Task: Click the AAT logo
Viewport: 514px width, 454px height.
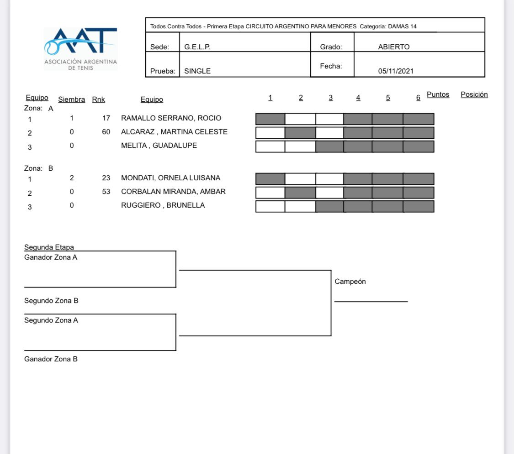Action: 80,49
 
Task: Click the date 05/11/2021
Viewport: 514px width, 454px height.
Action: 396,71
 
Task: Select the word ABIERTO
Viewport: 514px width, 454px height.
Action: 394,47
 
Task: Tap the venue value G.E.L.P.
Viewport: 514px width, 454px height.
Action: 197,47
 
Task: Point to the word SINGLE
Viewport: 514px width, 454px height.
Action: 197,71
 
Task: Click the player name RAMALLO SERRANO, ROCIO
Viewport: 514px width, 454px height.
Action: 171,118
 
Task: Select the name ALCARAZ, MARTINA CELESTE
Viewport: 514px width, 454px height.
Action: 174,131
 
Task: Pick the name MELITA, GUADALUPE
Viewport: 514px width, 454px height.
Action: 159,146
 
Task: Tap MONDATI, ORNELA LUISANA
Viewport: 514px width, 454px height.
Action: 171,178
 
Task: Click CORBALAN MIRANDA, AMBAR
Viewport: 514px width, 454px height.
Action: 174,192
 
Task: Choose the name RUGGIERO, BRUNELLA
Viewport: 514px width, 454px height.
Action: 163,205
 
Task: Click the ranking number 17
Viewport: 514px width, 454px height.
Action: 106,118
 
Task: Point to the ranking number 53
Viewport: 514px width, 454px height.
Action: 106,192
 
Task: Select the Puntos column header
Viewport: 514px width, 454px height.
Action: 438,94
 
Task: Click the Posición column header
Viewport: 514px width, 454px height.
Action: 474,94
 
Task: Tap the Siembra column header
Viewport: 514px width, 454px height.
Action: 71,99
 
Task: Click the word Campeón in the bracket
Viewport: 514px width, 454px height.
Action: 350,282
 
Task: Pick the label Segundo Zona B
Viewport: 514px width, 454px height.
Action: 51,301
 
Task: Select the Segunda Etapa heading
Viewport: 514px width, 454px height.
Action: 49,247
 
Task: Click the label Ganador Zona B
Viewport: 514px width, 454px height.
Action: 51,359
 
